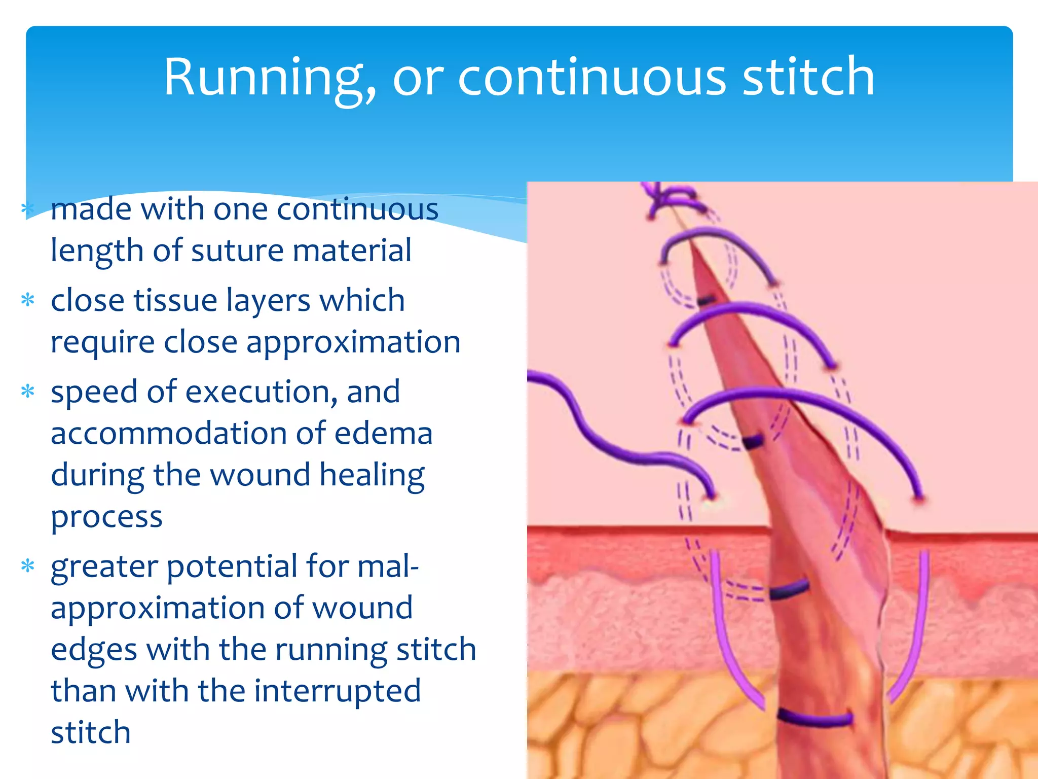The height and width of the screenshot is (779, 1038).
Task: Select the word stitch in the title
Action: tap(808, 77)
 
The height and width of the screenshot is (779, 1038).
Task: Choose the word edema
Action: tap(383, 434)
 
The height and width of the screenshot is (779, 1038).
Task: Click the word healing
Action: tap(373, 476)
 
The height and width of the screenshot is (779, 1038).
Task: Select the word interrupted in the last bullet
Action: tap(337, 690)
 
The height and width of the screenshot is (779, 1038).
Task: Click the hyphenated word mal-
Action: tap(388, 566)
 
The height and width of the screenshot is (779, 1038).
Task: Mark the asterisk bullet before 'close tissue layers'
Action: tap(28, 300)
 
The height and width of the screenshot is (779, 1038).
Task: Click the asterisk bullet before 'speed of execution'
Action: tap(28, 392)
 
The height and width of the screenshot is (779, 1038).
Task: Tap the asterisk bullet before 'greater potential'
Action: tap(28, 566)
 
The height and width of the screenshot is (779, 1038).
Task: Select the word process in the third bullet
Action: tap(106, 517)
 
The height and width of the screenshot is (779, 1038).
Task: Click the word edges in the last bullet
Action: tap(94, 650)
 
